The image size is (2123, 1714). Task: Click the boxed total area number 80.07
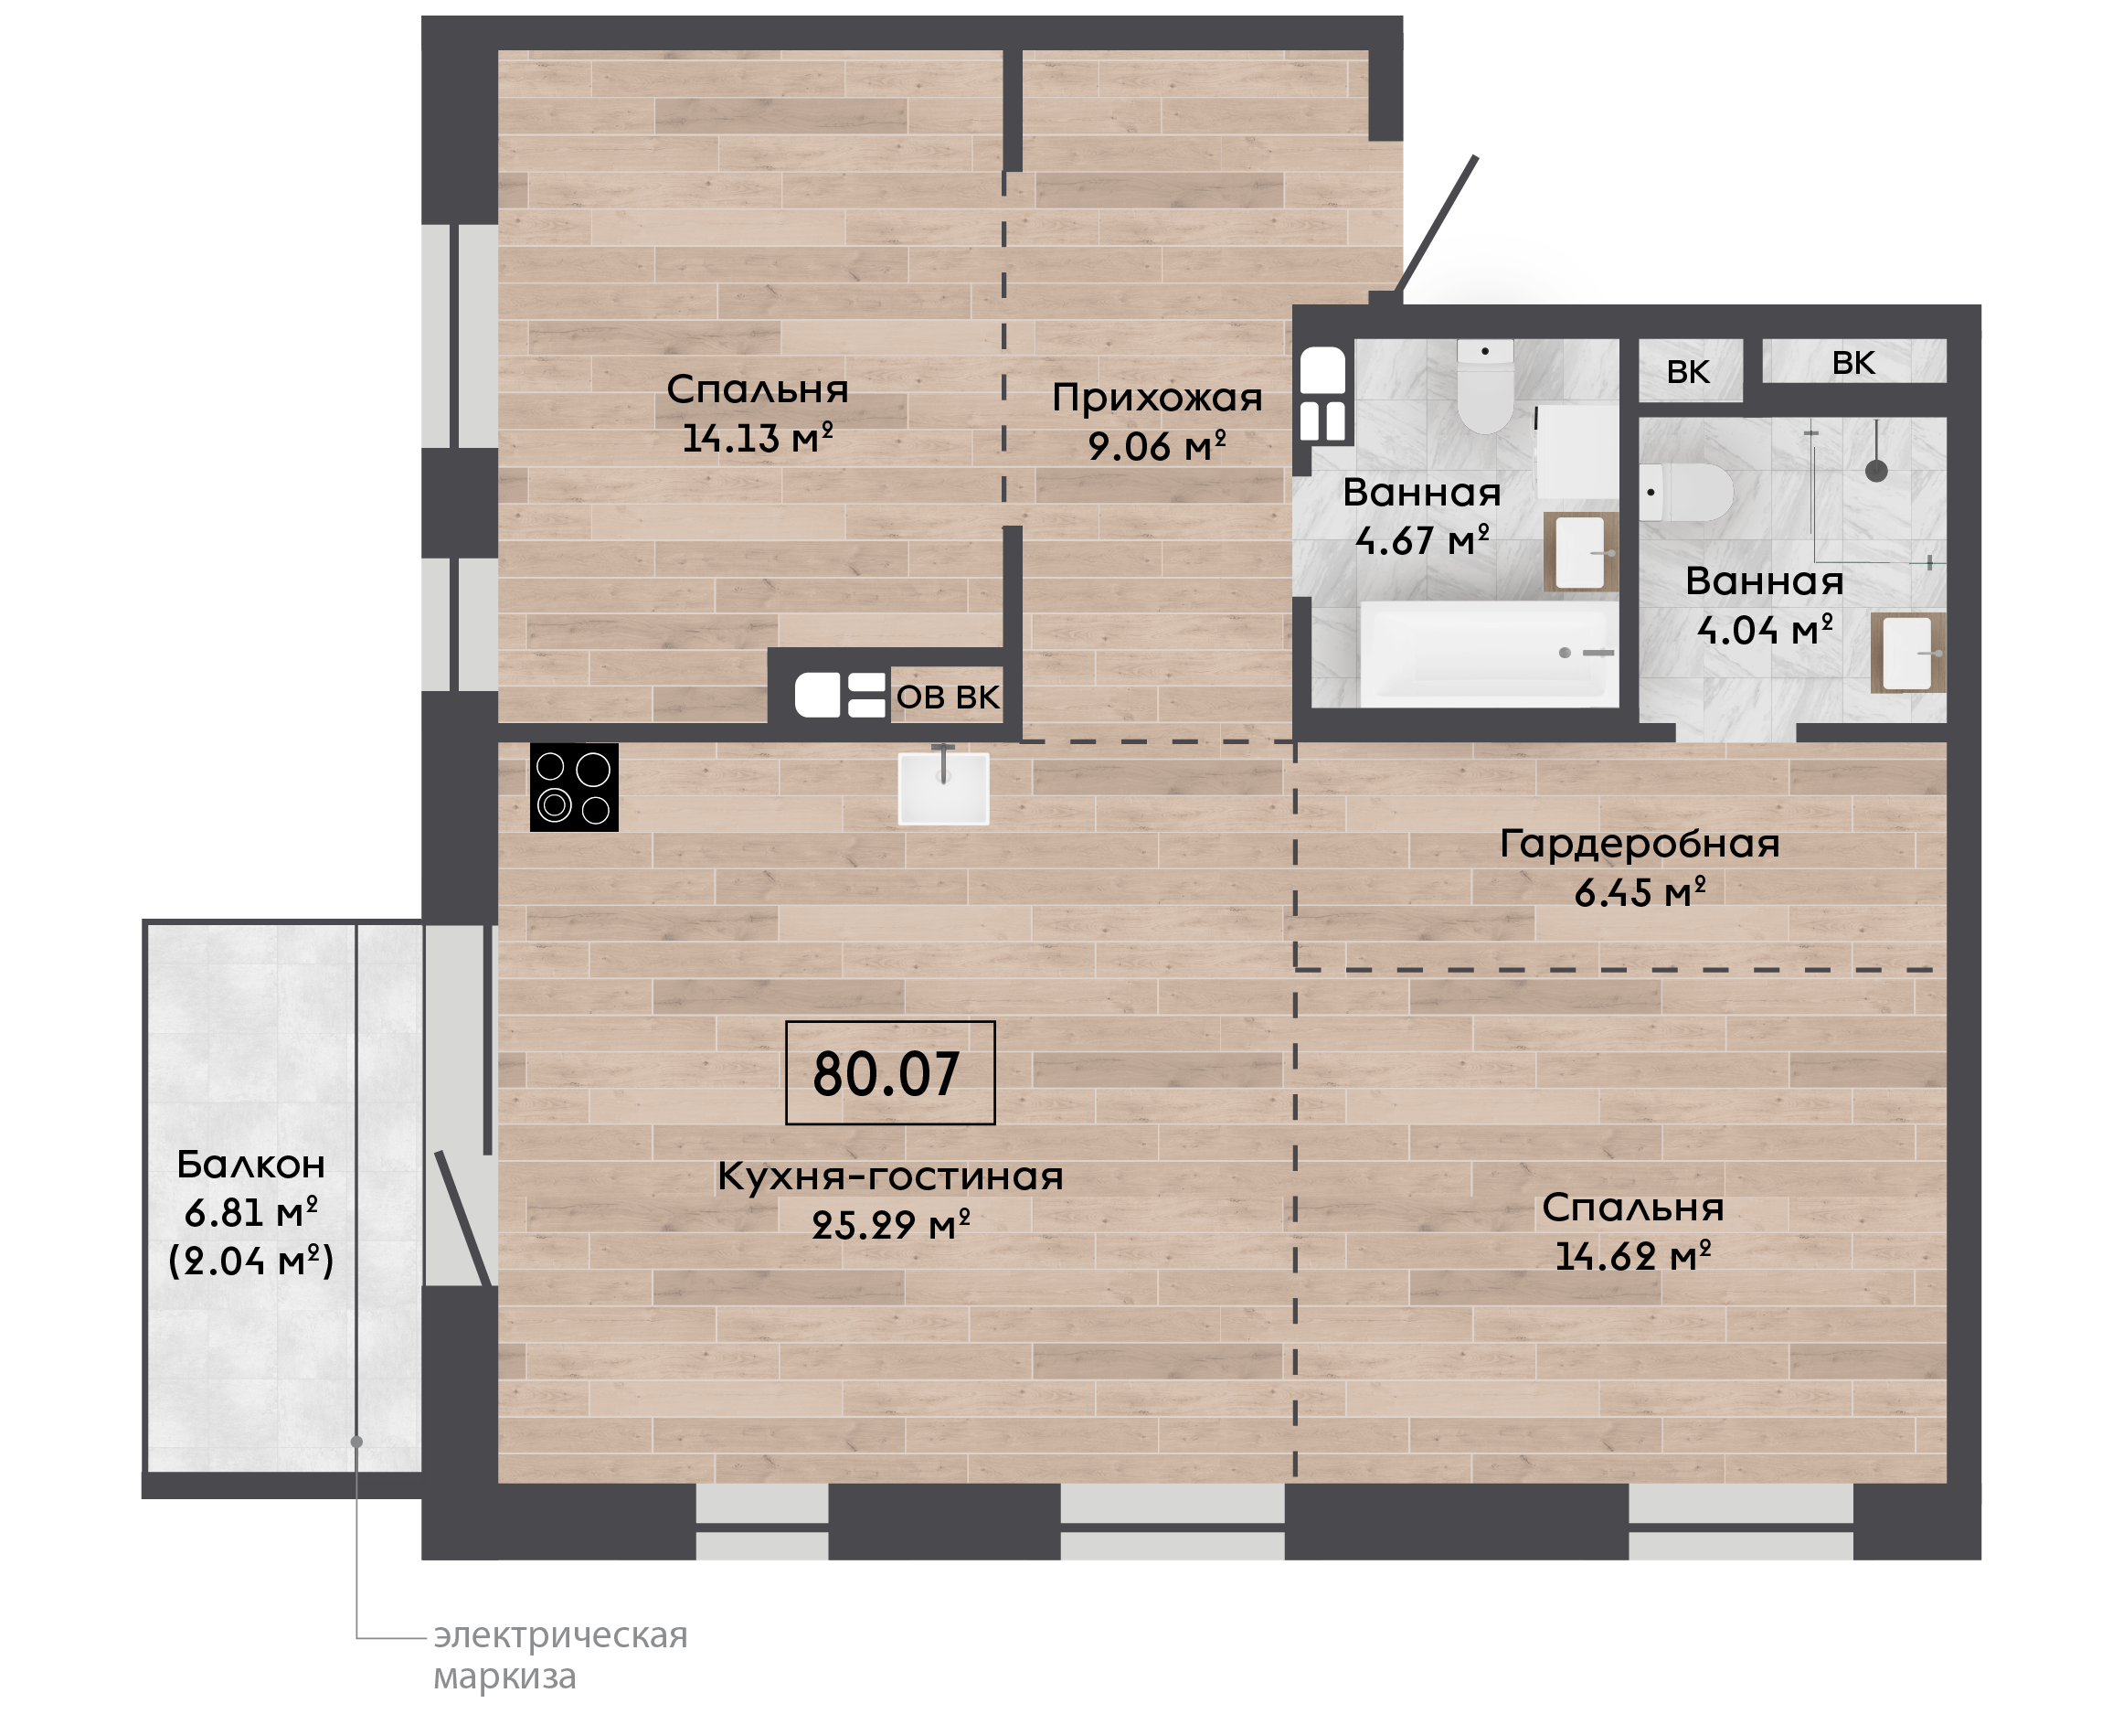[x=886, y=1074]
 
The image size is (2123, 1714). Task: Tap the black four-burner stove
[x=575, y=787]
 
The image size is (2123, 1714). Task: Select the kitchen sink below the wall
[x=943, y=787]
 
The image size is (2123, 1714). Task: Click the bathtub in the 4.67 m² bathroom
[x=1490, y=654]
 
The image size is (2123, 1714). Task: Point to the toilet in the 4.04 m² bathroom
[x=1687, y=493]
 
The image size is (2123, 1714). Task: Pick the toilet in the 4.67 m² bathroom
[x=1485, y=387]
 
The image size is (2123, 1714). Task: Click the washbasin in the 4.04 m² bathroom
[x=1908, y=653]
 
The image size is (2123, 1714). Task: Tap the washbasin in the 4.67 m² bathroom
[x=1581, y=552]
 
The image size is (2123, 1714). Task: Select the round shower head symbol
[x=1876, y=471]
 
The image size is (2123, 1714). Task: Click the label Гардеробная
[x=1640, y=844]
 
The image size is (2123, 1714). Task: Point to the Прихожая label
[x=1157, y=398]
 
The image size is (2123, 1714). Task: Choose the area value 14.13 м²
[x=758, y=437]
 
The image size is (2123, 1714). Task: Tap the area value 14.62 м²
[x=1632, y=1257]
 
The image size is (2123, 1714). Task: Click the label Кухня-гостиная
[x=890, y=1176]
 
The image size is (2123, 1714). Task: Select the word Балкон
[x=250, y=1165]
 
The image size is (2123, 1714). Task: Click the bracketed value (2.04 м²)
[x=250, y=1261]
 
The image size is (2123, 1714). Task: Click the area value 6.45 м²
[x=1640, y=892]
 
